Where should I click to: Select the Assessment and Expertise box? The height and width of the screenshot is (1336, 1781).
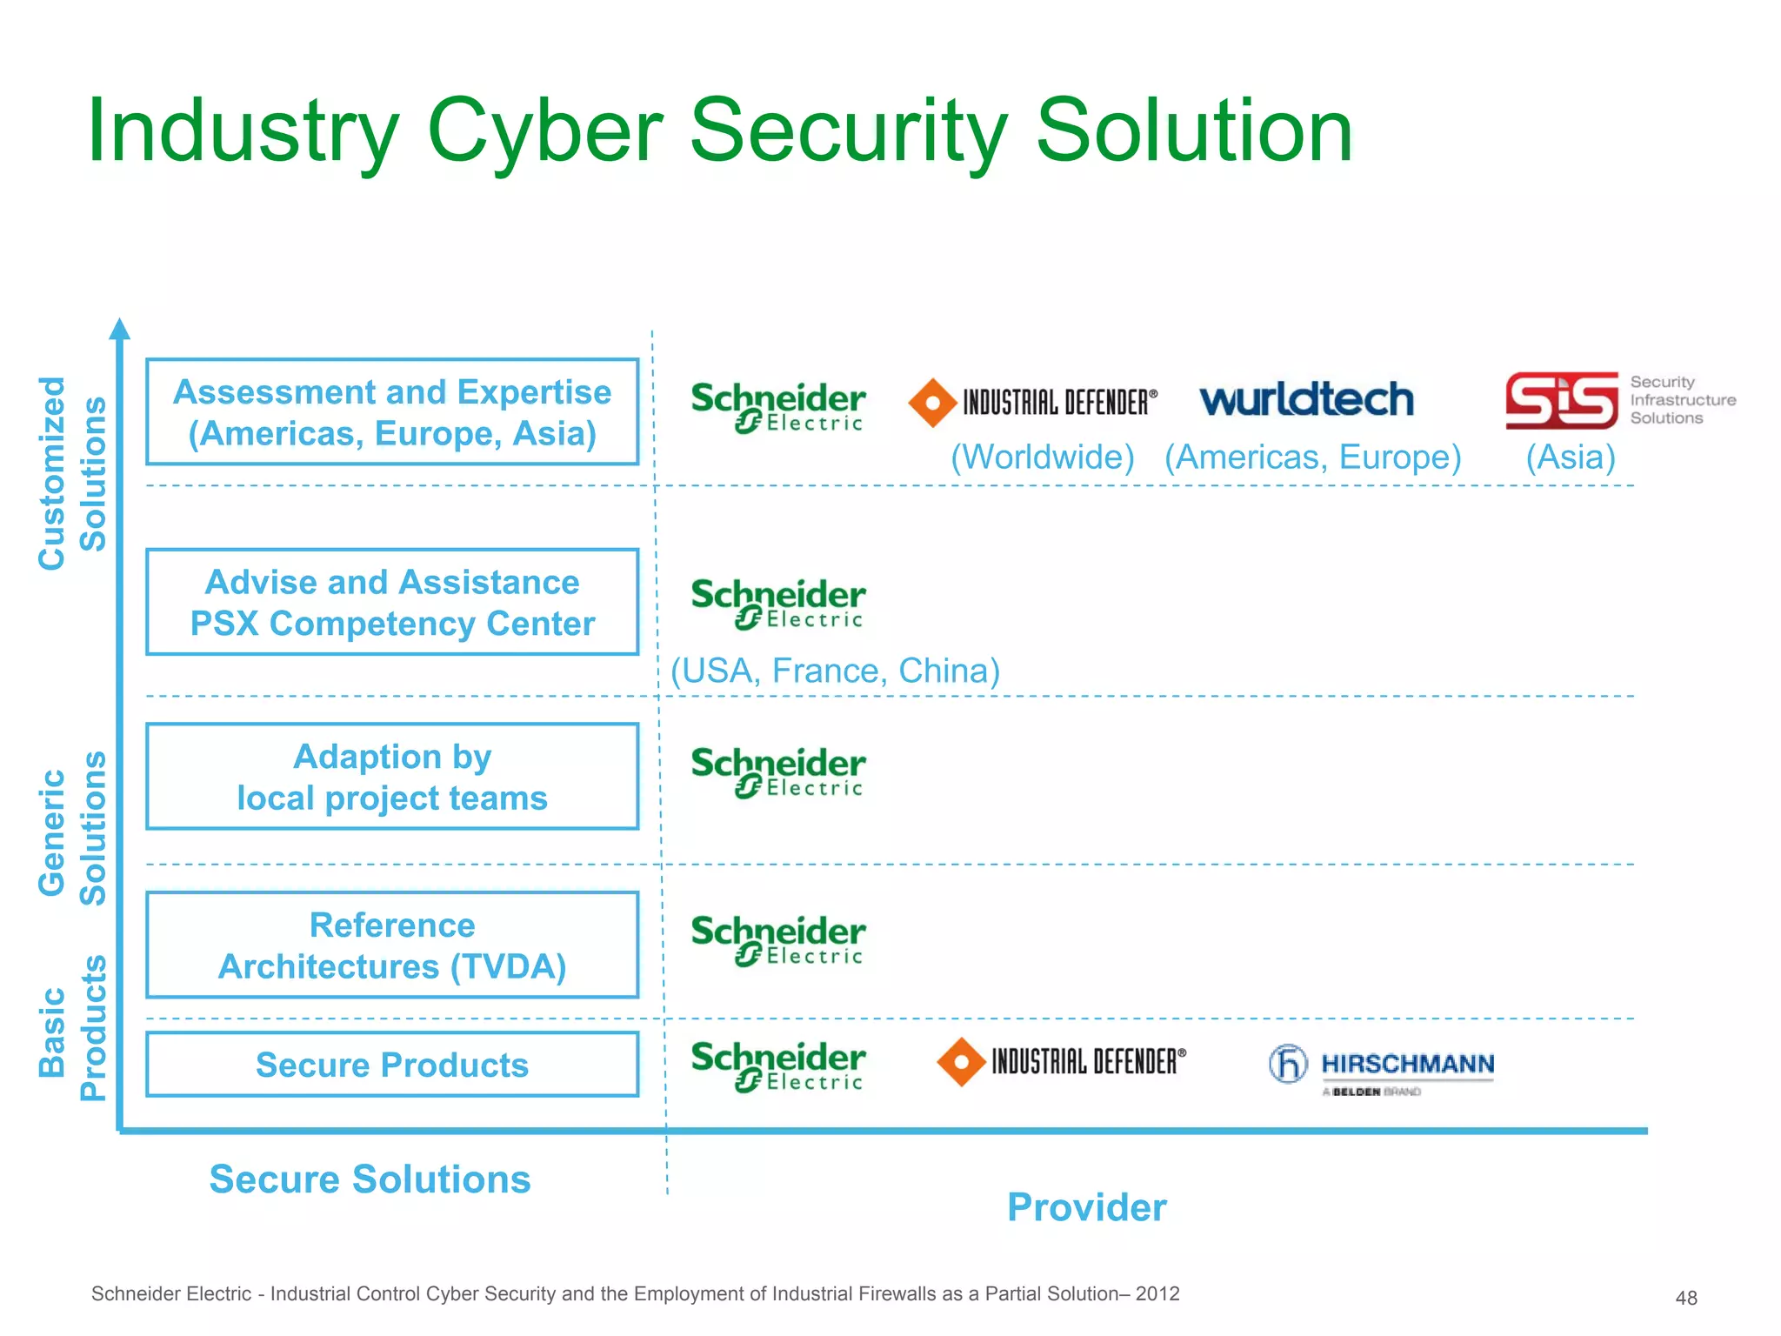tap(392, 412)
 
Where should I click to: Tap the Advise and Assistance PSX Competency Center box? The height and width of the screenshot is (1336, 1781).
tap(392, 602)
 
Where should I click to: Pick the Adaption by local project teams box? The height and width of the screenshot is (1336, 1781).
tap(392, 777)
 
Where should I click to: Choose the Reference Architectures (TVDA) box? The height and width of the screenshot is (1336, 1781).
tap(392, 945)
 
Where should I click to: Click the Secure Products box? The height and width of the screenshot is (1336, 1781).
tap(392, 1065)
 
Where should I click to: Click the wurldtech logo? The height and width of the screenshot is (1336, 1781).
tap(1306, 400)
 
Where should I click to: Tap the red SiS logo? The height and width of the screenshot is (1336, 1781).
tap(1561, 401)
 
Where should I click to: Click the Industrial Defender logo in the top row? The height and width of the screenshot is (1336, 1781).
tap(1032, 403)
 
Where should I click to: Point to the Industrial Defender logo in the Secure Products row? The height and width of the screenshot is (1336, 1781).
tap(1061, 1062)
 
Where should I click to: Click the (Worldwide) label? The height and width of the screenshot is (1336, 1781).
tap(1042, 458)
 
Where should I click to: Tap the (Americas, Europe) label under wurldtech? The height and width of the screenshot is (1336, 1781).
tap(1312, 458)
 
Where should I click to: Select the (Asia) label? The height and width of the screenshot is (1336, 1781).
tap(1571, 458)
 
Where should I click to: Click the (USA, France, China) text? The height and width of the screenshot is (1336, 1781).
tap(835, 671)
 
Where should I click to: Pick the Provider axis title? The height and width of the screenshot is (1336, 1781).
tap(1086, 1207)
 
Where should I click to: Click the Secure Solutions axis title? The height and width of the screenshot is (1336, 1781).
tap(370, 1179)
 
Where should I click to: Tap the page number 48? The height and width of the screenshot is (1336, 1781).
tap(1686, 1299)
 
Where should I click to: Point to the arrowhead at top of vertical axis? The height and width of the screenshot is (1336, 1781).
tap(120, 329)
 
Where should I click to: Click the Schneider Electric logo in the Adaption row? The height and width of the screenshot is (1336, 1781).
tap(777, 772)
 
